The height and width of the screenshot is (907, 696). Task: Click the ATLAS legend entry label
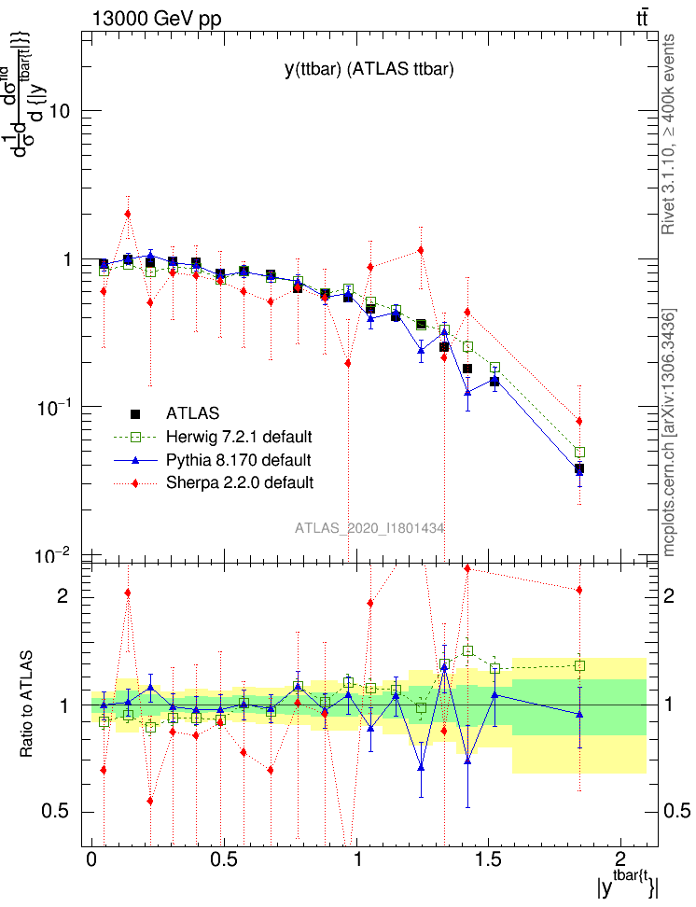(192, 412)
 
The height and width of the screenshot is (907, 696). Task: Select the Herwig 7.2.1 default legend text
(239, 437)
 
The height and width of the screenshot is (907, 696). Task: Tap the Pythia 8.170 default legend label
(238, 460)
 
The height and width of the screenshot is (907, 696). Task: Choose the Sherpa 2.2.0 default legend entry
(239, 482)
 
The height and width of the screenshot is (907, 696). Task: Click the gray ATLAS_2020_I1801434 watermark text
(369, 528)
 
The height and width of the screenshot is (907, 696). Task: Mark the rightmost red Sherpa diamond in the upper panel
(579, 421)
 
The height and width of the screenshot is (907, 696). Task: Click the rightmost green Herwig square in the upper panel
(579, 453)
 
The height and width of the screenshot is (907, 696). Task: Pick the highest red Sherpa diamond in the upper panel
(128, 214)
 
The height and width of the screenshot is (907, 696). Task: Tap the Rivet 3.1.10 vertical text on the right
(669, 135)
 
